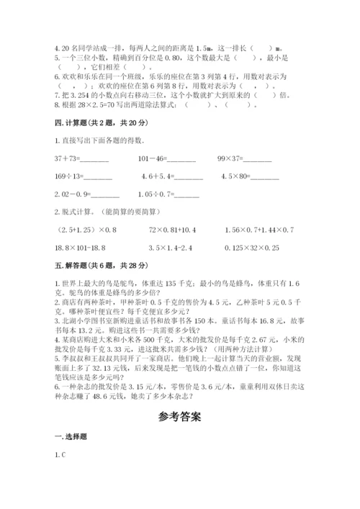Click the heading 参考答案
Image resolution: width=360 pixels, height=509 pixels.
[179, 415]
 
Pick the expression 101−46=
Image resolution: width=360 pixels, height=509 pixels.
[166, 158]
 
